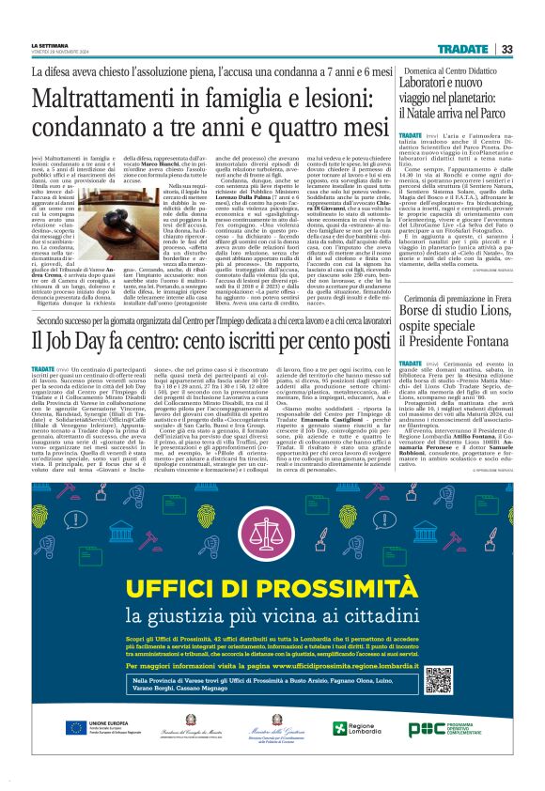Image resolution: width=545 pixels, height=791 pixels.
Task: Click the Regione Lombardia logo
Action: [381, 754]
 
